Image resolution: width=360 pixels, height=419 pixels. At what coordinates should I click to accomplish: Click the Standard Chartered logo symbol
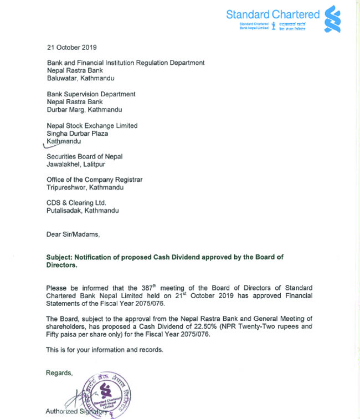click(x=332, y=19)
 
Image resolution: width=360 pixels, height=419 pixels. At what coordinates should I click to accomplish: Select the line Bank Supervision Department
click(x=91, y=94)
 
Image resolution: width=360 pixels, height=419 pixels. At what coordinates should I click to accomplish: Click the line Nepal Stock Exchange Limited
click(x=92, y=126)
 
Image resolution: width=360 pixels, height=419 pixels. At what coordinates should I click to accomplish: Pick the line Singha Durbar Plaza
click(x=77, y=134)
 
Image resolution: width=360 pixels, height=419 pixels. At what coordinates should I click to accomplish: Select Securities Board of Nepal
click(x=85, y=157)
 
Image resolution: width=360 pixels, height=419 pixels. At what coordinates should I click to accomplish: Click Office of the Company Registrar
click(x=94, y=180)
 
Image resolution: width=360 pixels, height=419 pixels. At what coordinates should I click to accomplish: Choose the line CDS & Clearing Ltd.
click(x=76, y=203)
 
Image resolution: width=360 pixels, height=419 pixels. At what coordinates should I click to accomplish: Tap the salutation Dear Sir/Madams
click(x=73, y=234)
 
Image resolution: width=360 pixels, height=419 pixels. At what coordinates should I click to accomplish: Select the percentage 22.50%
click(x=191, y=326)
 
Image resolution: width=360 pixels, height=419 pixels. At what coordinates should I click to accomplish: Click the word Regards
click(x=59, y=373)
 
